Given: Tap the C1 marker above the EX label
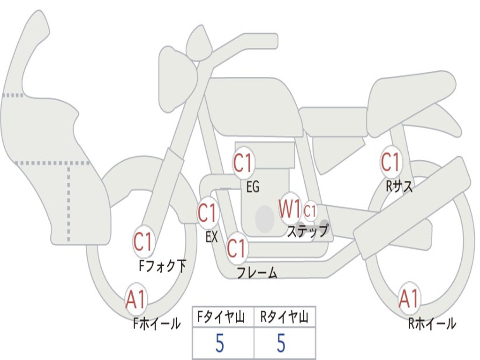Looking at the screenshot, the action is tap(208, 213).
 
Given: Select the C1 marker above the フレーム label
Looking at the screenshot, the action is tap(236, 248).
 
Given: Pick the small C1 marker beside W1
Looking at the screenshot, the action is tap(310, 211).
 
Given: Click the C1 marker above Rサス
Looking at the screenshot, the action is tap(390, 163).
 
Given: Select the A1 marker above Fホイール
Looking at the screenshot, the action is tap(136, 300).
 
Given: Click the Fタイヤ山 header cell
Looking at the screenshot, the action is tap(223, 318).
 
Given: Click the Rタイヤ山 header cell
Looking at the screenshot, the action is tap(284, 318).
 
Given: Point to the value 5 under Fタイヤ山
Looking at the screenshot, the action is tap(219, 344).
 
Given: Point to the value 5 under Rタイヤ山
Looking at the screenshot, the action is tap(281, 344).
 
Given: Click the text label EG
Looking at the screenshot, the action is tap(253, 187).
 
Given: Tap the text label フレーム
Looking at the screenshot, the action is tap(257, 273).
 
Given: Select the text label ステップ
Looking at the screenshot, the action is tap(307, 231).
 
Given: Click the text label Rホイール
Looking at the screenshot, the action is tap(432, 323).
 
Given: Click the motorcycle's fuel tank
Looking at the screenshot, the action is tap(253, 105).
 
